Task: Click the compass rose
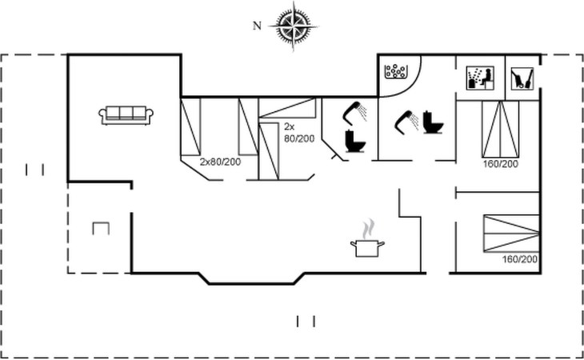[294, 26]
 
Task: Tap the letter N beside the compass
[257, 26]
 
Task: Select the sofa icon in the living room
[126, 115]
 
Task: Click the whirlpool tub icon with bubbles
[395, 71]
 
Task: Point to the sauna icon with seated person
[481, 78]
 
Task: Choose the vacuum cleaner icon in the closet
[522, 78]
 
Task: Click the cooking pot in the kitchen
[367, 248]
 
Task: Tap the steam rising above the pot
[368, 229]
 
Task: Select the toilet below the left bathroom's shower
[355, 141]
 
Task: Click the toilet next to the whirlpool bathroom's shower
[433, 122]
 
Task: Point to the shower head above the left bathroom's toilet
[354, 113]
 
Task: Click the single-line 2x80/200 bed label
[221, 162]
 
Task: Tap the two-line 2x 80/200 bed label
[299, 133]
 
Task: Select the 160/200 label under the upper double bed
[501, 164]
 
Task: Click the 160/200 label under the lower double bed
[520, 259]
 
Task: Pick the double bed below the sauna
[500, 129]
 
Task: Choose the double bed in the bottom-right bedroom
[511, 234]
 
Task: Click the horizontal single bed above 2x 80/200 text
[287, 108]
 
